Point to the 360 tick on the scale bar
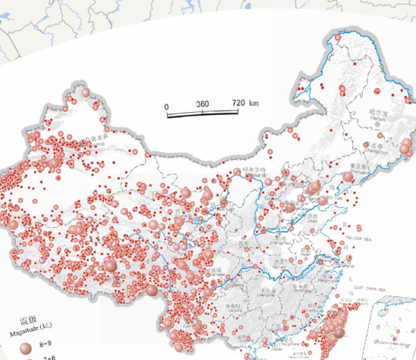tap(202, 104)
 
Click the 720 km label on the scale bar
tap(245, 103)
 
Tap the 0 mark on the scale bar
tap(167, 106)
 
